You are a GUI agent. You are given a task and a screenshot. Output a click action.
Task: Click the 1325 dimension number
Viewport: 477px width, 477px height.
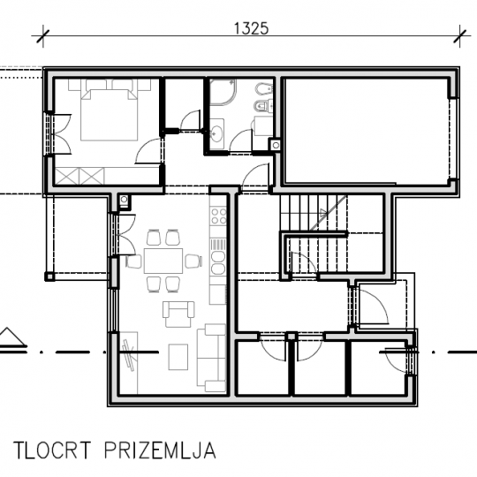tap(251, 28)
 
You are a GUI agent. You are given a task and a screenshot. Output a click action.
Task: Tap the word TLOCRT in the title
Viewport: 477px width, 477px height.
tap(52, 450)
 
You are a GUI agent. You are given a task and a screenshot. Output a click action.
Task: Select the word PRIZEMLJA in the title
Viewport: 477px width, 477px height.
tap(160, 450)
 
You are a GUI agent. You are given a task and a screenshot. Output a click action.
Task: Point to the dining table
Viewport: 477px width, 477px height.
tap(163, 261)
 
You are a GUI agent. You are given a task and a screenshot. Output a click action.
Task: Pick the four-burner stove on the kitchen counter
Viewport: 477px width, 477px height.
tap(219, 216)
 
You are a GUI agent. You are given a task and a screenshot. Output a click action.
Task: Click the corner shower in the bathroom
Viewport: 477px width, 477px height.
tap(223, 92)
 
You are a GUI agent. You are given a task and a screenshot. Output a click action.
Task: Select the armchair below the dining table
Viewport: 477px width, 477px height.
tap(178, 314)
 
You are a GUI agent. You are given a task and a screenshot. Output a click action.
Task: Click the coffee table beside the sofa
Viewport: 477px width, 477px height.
tap(178, 357)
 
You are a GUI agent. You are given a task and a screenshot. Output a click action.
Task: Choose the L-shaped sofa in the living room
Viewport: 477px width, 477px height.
tap(211, 358)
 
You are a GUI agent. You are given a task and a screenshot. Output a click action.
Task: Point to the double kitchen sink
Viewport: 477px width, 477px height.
tap(217, 262)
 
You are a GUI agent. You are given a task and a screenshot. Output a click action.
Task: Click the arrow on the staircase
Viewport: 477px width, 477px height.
tap(323, 212)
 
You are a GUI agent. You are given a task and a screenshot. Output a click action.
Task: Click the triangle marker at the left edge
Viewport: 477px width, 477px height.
tap(12, 337)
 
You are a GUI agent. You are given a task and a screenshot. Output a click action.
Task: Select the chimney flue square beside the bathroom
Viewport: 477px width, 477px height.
tap(276, 146)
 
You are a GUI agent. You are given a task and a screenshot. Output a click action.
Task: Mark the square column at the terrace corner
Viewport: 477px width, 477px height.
tap(49, 276)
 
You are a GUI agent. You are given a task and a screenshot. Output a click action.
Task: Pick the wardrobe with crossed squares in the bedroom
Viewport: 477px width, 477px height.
tap(79, 176)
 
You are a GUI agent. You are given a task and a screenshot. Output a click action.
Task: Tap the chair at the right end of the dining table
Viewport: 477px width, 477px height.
tap(193, 261)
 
